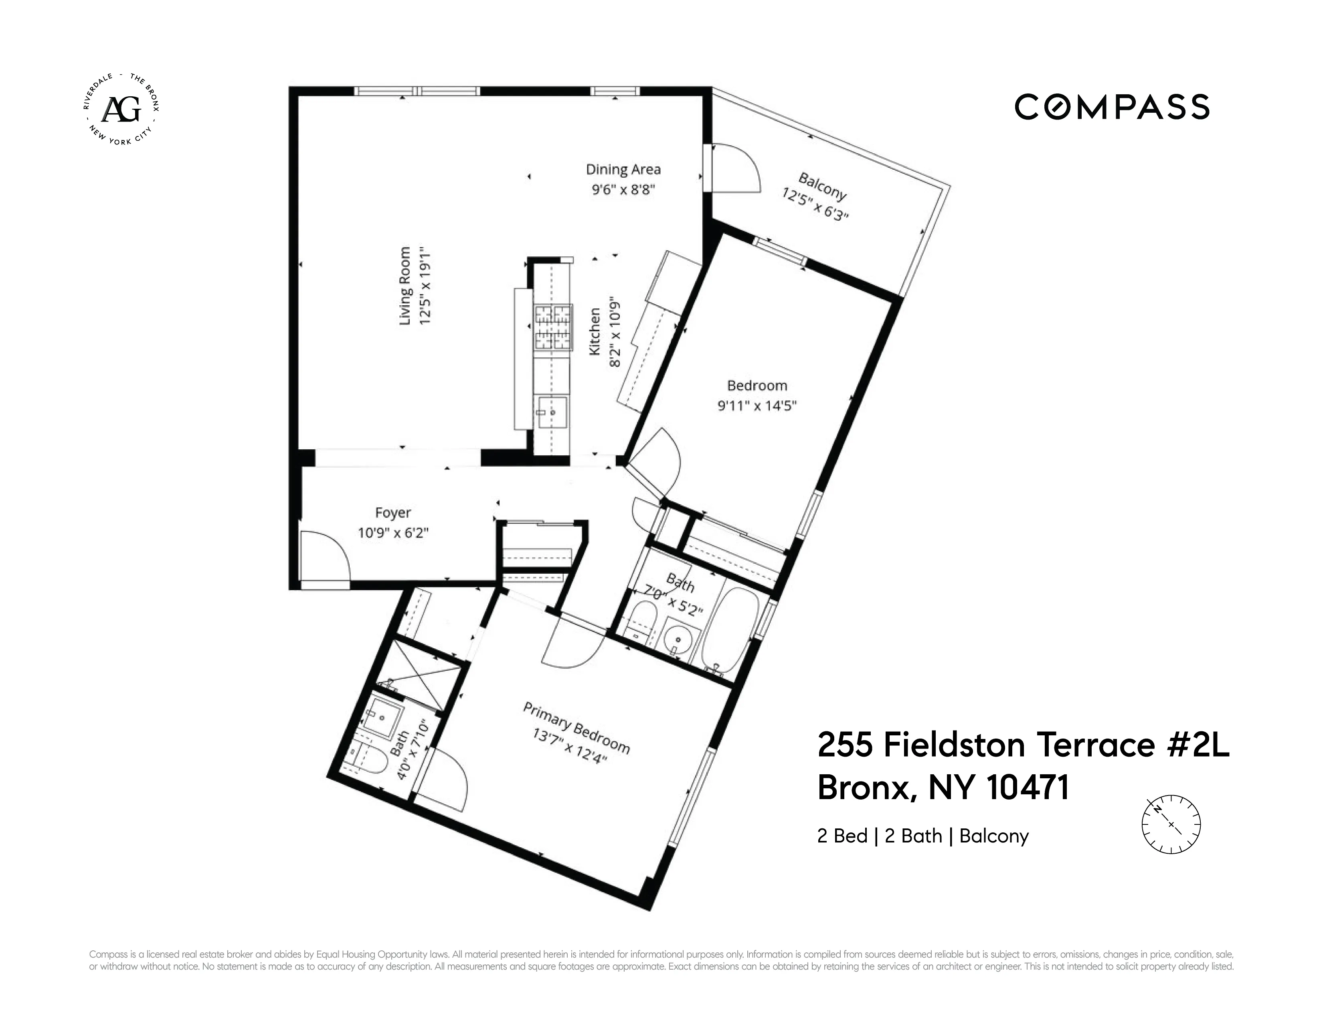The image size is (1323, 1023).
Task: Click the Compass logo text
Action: [1112, 107]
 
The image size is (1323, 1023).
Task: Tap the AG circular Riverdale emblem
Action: [121, 110]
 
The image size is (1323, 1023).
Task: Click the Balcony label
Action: [821, 186]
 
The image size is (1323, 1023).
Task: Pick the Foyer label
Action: [392, 513]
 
